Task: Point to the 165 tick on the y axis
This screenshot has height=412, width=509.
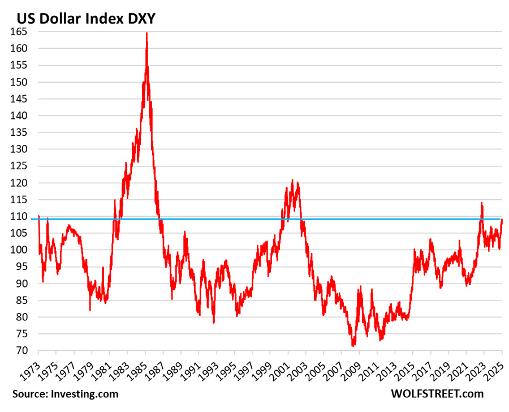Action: coord(21,32)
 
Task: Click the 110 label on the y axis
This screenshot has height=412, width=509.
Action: coord(21,216)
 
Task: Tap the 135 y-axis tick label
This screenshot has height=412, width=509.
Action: coord(21,132)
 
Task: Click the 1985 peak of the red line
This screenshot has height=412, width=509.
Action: coord(146,33)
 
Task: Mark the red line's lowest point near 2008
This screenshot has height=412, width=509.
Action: coord(353,345)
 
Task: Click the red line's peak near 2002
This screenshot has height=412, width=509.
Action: coord(292,181)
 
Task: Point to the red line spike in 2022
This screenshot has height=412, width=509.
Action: coord(482,203)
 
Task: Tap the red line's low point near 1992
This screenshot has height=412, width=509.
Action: coord(214,323)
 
